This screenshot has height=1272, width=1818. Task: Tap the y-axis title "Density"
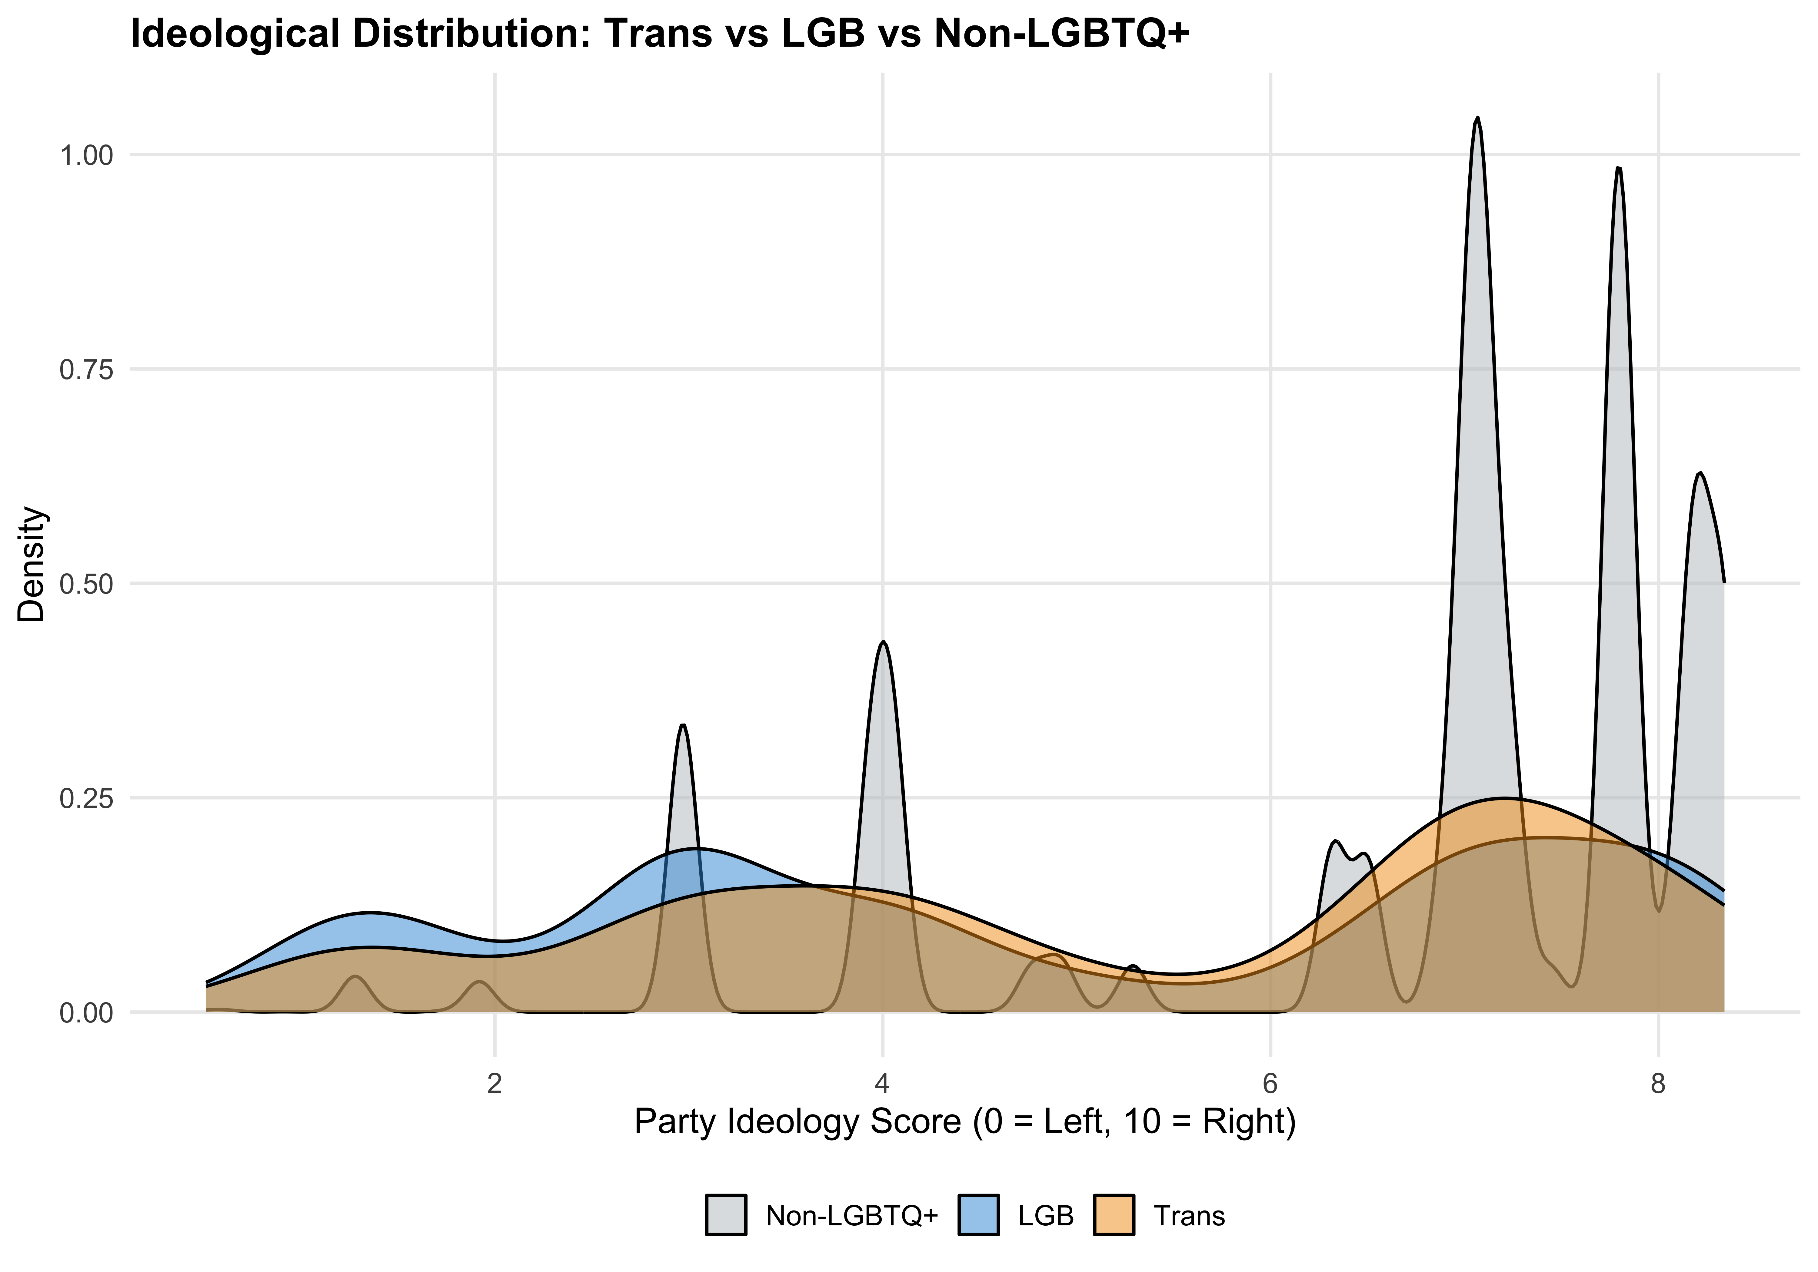coord(32,564)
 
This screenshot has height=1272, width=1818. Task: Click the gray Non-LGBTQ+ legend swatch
coord(726,1215)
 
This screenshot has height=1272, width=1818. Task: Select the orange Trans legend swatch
coord(1114,1215)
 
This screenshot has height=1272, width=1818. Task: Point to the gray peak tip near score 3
coord(683,726)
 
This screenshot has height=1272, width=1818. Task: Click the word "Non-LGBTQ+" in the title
coord(1061,35)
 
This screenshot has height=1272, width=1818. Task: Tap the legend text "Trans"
coord(1189,1215)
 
